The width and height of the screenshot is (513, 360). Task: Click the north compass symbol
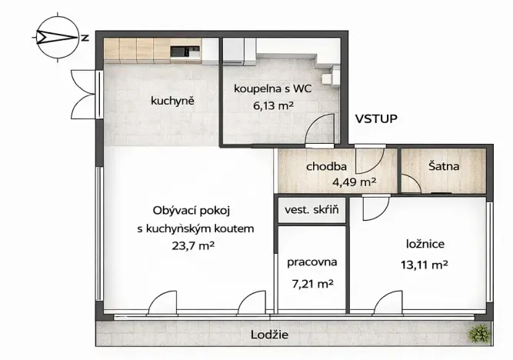pyautogui.click(x=55, y=36)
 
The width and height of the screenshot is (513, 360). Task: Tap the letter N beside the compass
pyautogui.click(x=85, y=36)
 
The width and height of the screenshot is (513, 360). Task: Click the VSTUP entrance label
pyautogui.click(x=376, y=119)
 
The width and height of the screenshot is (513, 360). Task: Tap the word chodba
pyautogui.click(x=327, y=166)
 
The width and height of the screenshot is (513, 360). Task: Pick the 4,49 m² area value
pyautogui.click(x=354, y=182)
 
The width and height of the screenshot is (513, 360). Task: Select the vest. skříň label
pyautogui.click(x=311, y=210)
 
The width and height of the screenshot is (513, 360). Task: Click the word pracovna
pyautogui.click(x=312, y=262)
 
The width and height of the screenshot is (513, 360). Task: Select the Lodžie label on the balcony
pyautogui.click(x=270, y=335)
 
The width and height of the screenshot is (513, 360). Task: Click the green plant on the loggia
pyautogui.click(x=480, y=332)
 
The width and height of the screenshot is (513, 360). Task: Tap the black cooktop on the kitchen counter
pyautogui.click(x=179, y=52)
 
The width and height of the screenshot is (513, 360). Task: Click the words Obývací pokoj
pyautogui.click(x=192, y=210)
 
